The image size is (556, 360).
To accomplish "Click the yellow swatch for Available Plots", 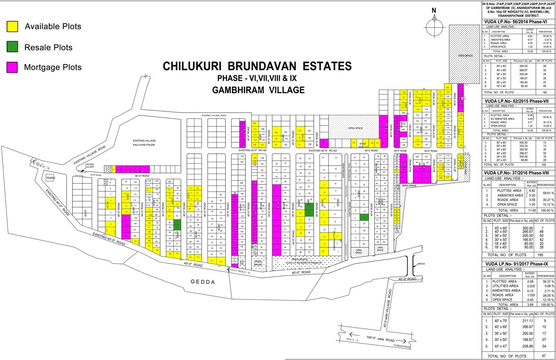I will coord(13,27).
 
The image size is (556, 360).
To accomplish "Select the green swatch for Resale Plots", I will coord(13,47).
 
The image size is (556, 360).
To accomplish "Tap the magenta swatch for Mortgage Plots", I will coord(13,67).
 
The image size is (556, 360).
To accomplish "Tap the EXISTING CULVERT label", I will coord(90,165).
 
